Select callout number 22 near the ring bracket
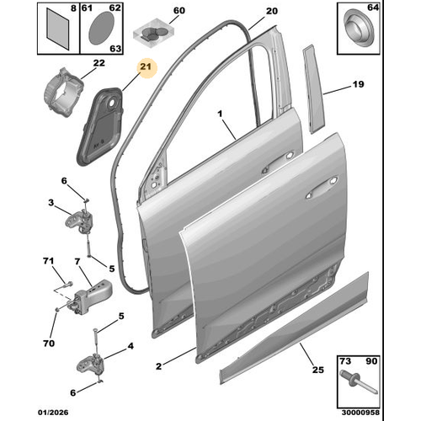[99, 63]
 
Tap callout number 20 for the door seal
[270, 11]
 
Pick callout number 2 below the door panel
[157, 366]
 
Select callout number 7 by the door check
[77, 263]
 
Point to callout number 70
[47, 344]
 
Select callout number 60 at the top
[177, 10]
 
